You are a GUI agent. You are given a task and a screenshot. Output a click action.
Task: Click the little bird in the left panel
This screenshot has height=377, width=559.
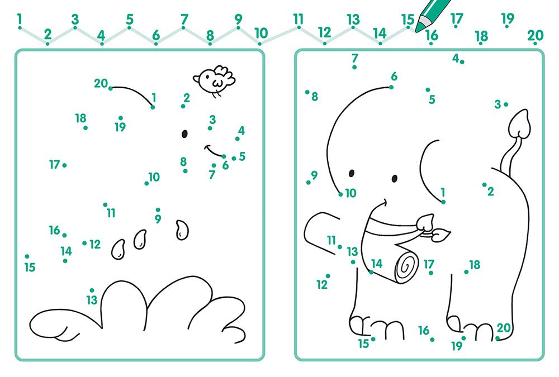tap(215, 80)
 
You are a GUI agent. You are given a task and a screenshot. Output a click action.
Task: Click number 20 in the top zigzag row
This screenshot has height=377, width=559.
tap(535, 35)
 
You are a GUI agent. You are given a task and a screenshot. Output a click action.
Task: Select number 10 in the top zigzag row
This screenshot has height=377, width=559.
tap(261, 33)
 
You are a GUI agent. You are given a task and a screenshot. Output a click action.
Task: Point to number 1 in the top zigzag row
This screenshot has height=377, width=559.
tap(19, 18)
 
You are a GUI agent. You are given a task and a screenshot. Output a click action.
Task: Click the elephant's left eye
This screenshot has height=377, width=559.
tap(352, 173)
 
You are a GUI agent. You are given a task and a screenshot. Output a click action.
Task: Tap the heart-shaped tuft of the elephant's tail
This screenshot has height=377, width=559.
tap(519, 124)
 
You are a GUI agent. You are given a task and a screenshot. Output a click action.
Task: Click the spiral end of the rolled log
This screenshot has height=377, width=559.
tap(406, 267)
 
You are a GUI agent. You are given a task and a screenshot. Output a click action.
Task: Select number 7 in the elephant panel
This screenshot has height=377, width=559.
tap(354, 58)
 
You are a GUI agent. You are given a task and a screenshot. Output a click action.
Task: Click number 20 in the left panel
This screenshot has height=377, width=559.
tap(101, 83)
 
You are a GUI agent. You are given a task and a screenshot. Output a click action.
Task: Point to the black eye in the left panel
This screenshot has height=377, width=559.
tap(184, 133)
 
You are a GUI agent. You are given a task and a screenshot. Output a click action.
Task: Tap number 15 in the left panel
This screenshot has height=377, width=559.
tap(30, 267)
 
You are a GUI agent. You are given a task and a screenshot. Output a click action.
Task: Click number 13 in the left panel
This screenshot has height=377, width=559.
tap(92, 300)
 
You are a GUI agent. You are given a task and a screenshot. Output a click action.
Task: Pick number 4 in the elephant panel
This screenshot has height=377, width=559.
tap(455, 58)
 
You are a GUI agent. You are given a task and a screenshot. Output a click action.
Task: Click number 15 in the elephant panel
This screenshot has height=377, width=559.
tap(363, 343)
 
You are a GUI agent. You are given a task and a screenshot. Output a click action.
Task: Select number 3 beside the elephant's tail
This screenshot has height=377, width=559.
tap(498, 104)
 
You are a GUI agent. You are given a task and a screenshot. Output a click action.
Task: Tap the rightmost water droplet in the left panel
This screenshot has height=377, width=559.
tap(182, 230)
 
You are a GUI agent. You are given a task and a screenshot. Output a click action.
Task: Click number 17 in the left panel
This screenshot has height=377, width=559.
tap(55, 165)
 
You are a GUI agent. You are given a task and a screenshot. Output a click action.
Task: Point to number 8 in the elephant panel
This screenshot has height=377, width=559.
tap(314, 97)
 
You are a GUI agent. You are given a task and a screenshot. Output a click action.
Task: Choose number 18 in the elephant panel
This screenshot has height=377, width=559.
tap(475, 265)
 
